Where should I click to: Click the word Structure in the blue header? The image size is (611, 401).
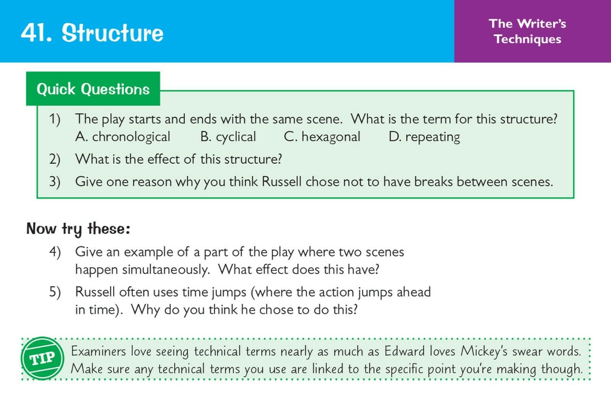[113, 33]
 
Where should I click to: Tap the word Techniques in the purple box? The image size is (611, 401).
[528, 39]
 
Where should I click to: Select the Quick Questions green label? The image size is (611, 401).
[93, 89]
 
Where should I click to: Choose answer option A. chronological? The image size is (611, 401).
[123, 137]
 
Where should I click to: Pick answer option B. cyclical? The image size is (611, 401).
[228, 137]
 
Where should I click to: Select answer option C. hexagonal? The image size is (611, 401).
[322, 137]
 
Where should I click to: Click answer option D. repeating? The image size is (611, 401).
[424, 137]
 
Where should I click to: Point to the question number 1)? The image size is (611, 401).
[55, 120]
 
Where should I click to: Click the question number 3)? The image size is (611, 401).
[55, 182]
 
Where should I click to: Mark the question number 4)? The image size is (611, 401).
[55, 252]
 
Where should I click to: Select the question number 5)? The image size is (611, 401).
[55, 292]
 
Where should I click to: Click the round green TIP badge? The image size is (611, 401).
[42, 359]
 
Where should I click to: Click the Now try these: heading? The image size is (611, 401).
[78, 229]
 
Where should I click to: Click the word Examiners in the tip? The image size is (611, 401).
[99, 351]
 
